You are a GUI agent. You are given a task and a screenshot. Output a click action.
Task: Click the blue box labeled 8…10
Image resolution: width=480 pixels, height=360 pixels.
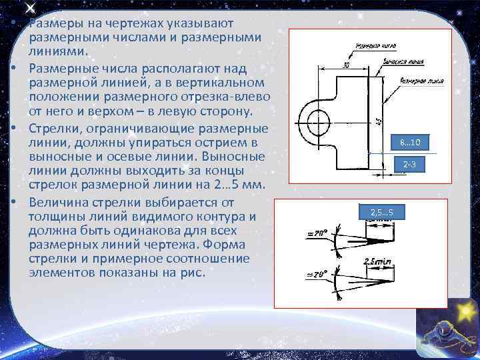tap(411, 143)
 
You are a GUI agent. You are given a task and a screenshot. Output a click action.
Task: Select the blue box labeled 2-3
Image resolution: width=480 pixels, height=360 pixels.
tap(411, 164)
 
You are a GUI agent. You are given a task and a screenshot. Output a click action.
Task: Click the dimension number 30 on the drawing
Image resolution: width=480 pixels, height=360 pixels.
tap(345, 65)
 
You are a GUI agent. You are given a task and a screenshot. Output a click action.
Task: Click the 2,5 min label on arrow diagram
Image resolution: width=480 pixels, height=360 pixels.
tap(377, 262)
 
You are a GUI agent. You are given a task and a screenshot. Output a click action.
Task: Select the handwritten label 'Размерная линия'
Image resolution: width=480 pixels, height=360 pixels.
tap(421, 81)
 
